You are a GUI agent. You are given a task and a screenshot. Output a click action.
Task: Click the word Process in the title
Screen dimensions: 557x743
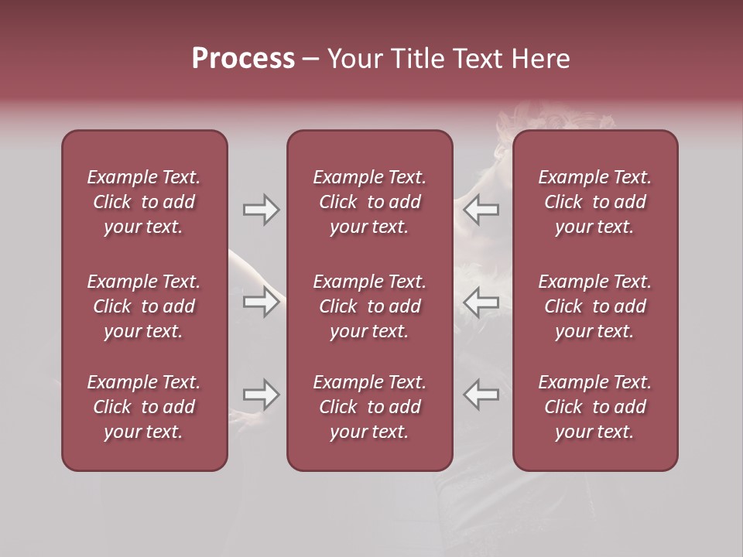coord(243,59)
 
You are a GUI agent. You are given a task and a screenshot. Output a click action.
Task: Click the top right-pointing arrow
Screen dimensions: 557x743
coord(261,210)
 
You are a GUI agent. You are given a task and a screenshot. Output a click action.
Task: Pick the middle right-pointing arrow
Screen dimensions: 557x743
coord(261,302)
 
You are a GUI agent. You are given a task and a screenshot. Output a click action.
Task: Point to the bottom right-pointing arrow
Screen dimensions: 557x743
coord(261,395)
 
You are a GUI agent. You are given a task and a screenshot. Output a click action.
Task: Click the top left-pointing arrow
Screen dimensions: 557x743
coord(481,210)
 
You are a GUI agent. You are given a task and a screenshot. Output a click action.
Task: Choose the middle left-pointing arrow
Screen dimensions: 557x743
coord(481,302)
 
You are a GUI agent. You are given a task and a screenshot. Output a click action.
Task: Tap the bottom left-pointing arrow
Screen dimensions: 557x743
coord(481,395)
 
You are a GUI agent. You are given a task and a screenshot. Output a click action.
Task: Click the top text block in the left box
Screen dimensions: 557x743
coord(144,202)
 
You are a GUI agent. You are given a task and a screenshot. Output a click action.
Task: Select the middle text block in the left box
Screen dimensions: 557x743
coord(144,306)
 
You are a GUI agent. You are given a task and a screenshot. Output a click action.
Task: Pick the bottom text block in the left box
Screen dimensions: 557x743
coord(144,407)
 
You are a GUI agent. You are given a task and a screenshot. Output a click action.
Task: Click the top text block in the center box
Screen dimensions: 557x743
coord(369,202)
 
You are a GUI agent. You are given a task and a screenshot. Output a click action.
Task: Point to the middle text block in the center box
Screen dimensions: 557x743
coord(369,306)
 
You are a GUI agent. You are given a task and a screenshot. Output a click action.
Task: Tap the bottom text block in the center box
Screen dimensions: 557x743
coord(369,407)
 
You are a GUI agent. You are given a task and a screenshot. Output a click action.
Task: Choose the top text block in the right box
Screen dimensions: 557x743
coord(594,202)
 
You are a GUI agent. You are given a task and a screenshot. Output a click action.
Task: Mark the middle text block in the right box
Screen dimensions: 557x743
coord(594,306)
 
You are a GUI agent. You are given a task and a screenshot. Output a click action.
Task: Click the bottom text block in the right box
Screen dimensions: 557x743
coord(594,407)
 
